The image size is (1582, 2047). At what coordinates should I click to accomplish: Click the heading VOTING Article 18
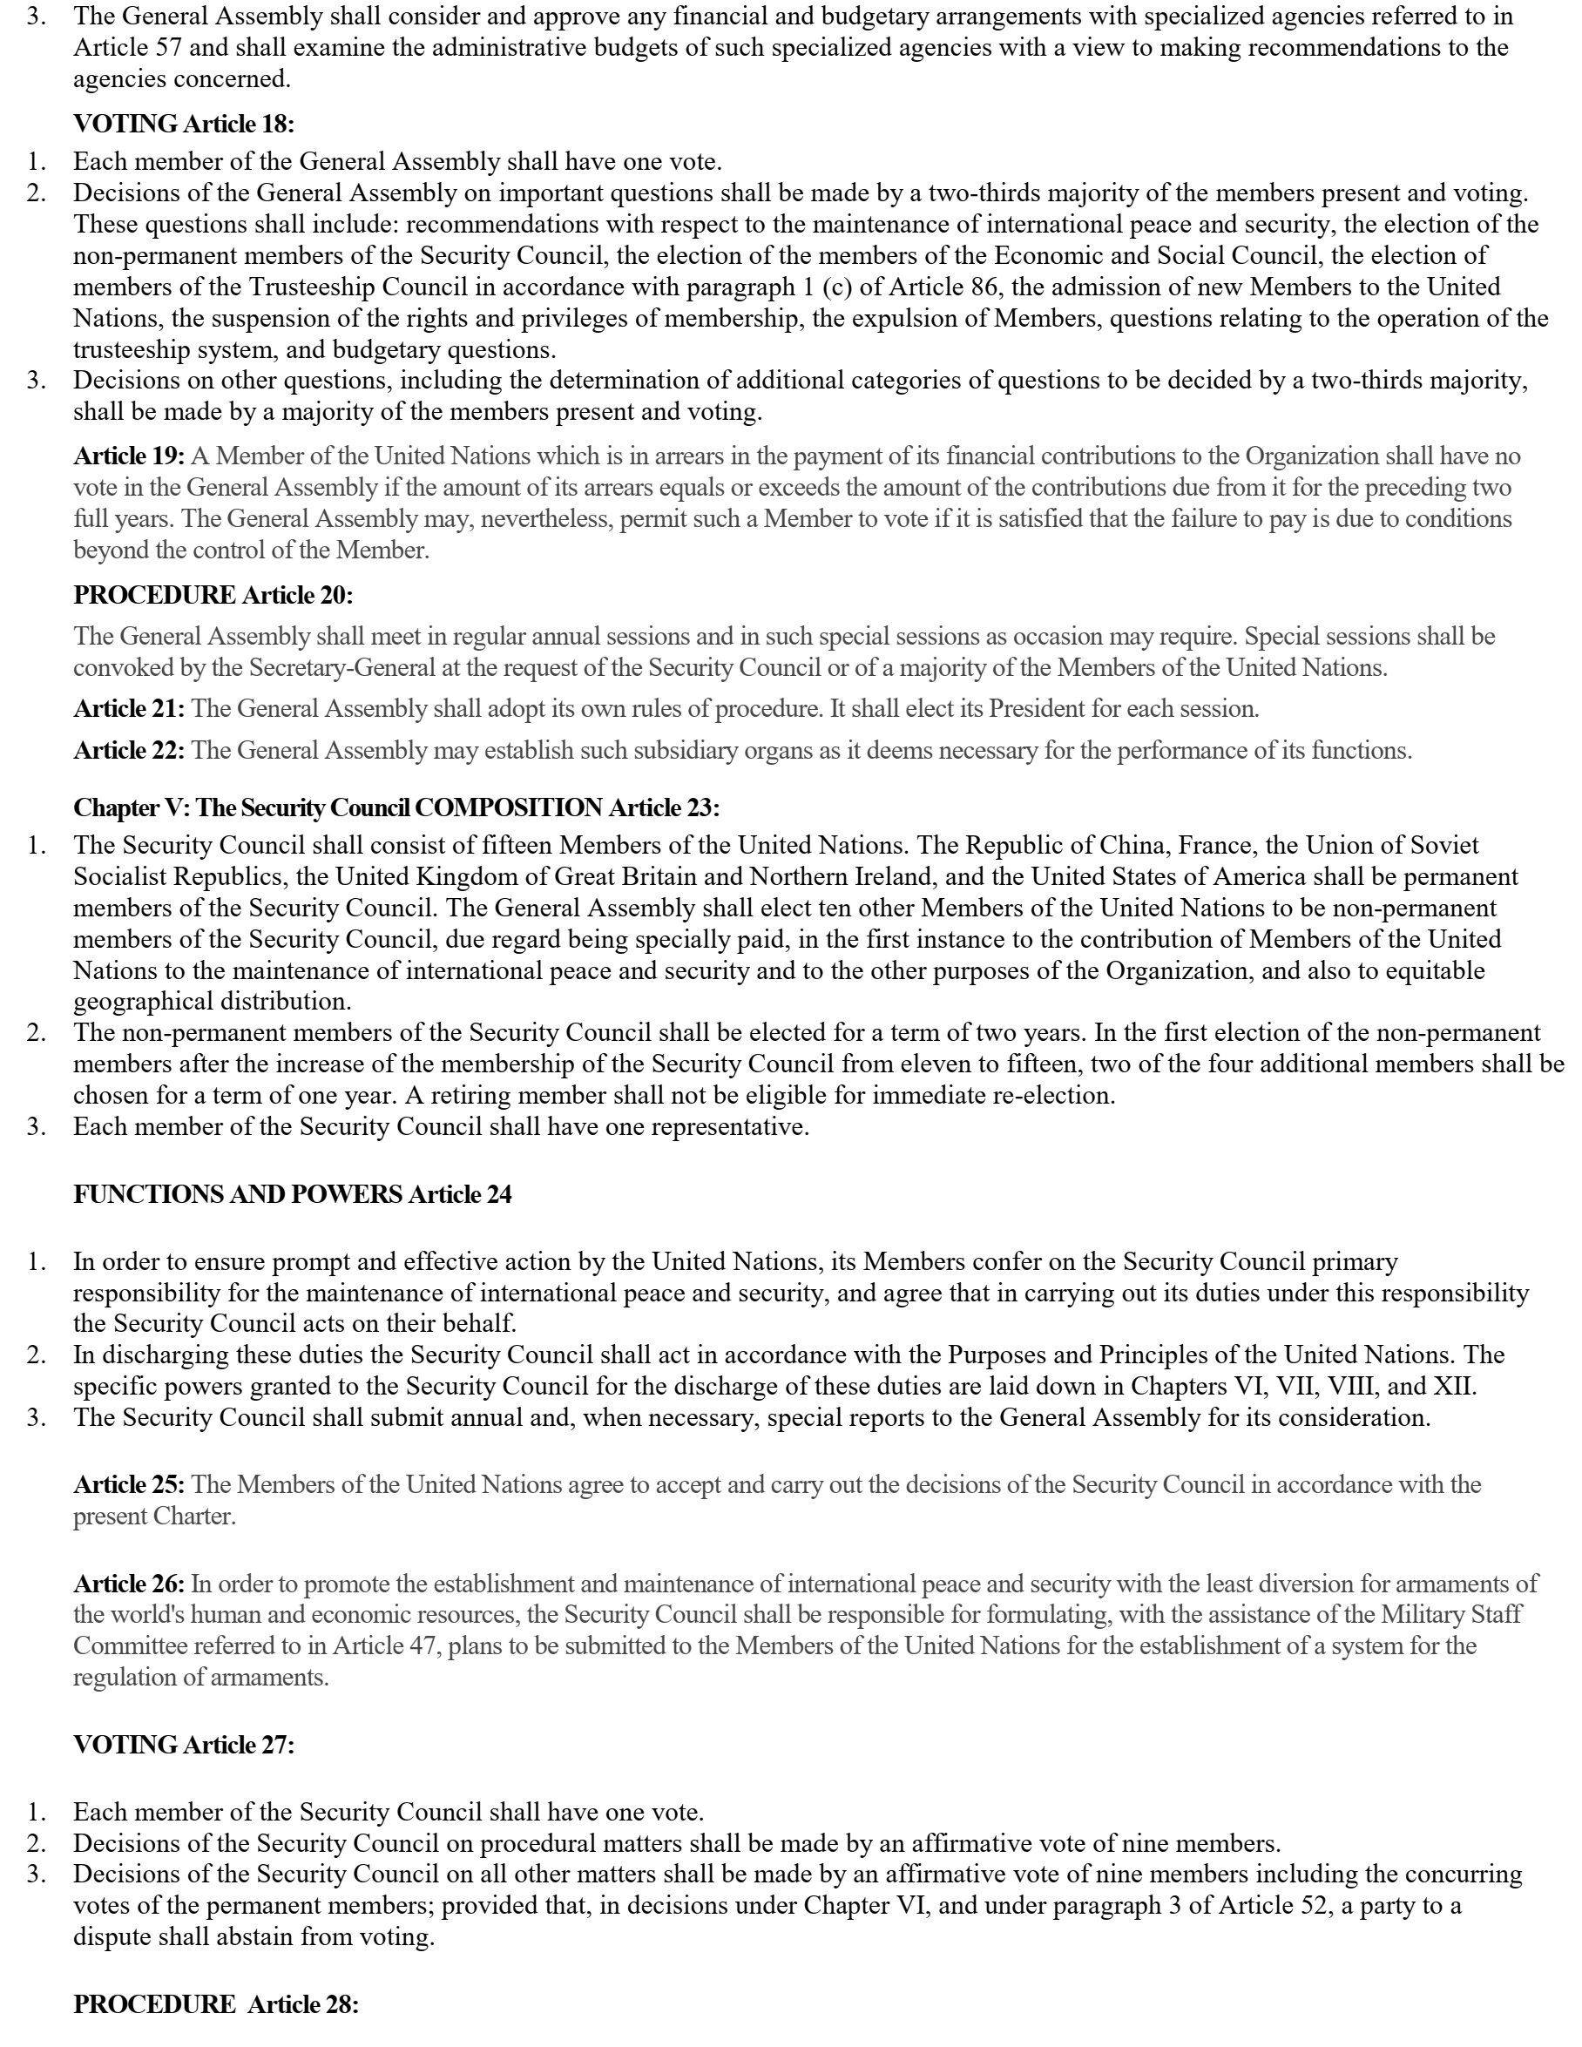pos(184,124)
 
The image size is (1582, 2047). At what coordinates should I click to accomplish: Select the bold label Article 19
pos(129,456)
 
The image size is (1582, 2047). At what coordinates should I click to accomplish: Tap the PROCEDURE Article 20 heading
pos(213,595)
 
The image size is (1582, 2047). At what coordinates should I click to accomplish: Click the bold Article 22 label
pos(129,751)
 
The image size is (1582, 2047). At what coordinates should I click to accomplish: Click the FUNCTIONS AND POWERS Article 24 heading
pos(293,1194)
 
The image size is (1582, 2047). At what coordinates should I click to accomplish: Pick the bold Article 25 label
pos(129,1484)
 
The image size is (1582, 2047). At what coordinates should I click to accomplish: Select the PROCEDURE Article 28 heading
pos(215,2004)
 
